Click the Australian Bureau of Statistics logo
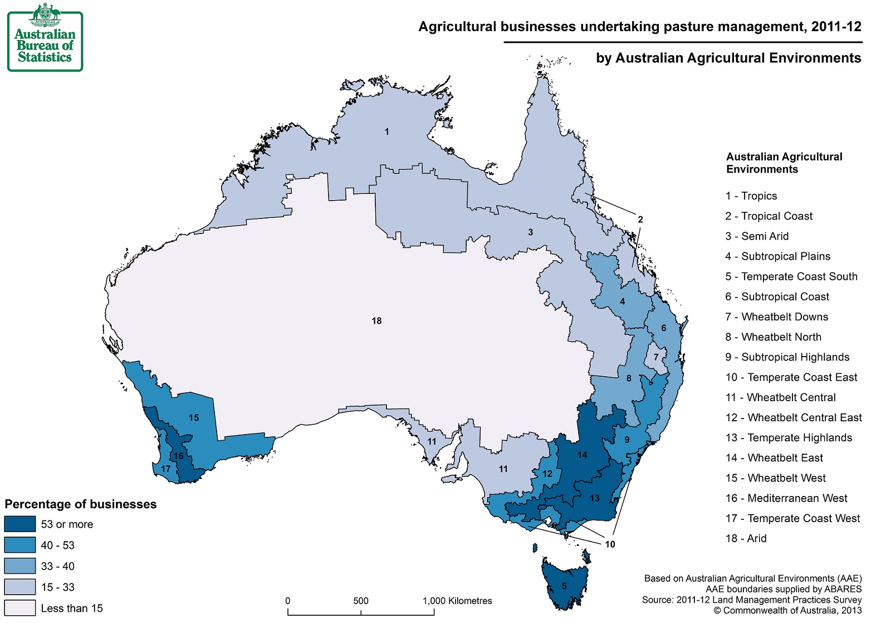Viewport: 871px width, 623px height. [x=45, y=37]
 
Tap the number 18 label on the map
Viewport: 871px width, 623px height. [x=376, y=321]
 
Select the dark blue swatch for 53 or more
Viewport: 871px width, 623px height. [x=20, y=524]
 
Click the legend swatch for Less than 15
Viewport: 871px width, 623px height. [x=20, y=608]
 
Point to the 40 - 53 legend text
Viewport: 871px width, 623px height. [x=57, y=546]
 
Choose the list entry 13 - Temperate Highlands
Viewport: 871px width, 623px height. [x=788, y=438]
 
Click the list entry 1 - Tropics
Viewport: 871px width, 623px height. [x=751, y=196]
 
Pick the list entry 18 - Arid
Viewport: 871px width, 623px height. [x=746, y=539]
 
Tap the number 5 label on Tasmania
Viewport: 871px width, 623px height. [x=564, y=586]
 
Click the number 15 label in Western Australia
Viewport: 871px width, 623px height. [x=194, y=418]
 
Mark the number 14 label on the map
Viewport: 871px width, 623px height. [x=582, y=455]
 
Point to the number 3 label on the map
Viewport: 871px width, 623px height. [x=530, y=232]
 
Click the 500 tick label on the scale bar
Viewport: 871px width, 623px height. [x=361, y=601]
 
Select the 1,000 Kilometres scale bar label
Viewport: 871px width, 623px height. [x=457, y=601]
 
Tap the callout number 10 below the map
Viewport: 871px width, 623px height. [x=610, y=544]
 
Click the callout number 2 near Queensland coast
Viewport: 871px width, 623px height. [x=640, y=220]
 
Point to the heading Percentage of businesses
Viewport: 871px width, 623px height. [x=81, y=504]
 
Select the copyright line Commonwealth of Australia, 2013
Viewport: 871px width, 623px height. [x=787, y=611]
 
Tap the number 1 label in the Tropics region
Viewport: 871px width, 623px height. [x=386, y=132]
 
